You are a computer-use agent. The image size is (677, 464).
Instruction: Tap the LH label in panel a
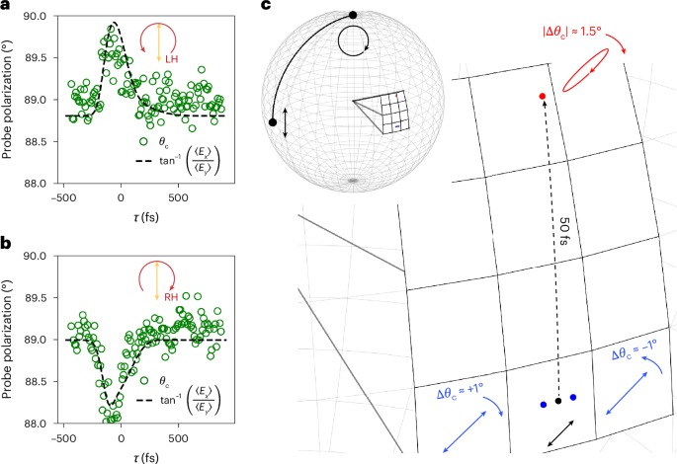point(172,60)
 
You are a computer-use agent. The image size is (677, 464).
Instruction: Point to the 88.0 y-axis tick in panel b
point(40,424)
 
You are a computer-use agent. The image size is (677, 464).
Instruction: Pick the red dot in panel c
point(543,96)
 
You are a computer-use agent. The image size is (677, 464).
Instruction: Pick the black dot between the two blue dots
point(558,400)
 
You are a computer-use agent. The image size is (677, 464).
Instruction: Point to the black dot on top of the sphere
point(353,15)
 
